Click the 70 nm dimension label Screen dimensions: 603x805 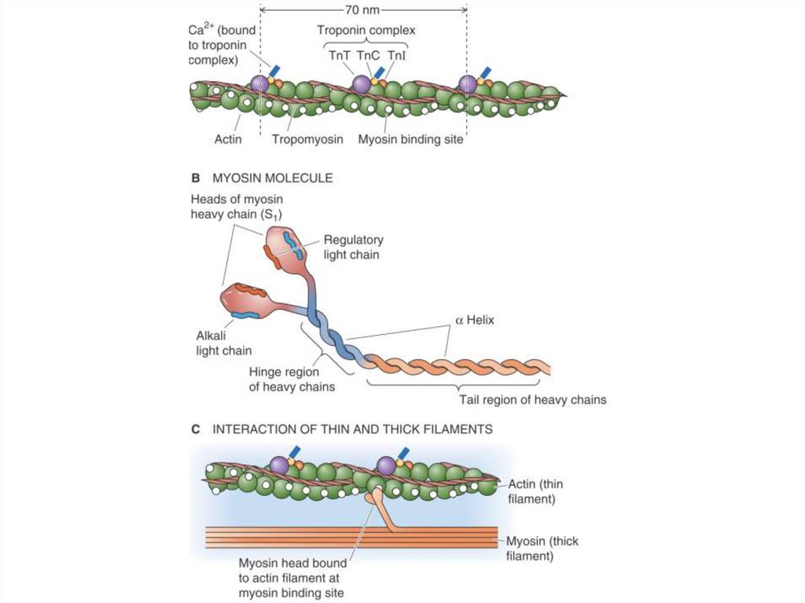coord(364,10)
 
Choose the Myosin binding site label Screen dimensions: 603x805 coord(410,140)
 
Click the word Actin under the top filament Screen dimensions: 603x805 coord(228,140)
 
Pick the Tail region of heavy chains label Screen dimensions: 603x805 coord(532,399)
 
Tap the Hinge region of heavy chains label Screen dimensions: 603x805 coord(292,379)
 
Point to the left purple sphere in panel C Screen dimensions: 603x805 coord(279,465)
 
